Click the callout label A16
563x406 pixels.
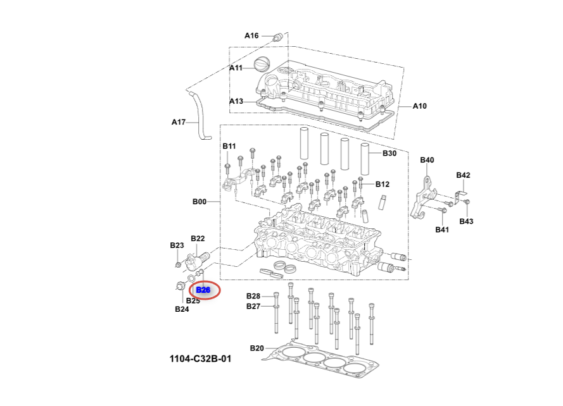coord(251,35)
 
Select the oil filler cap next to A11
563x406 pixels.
coord(262,65)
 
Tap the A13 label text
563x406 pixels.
coord(236,101)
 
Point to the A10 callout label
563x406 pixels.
coord(419,106)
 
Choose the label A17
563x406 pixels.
coord(179,122)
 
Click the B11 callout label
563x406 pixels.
coord(229,146)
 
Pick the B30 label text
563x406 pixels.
coord(389,153)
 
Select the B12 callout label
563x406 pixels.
coord(382,185)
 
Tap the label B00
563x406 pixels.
coord(199,202)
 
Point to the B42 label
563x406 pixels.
coord(463,175)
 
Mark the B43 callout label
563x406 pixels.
coord(466,221)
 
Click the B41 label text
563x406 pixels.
coord(441,230)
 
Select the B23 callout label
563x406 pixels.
coord(177,245)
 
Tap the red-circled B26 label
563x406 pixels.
coord(203,290)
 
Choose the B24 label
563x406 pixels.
coord(182,309)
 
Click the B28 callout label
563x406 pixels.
coord(253,296)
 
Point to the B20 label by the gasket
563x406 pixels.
coord(256,348)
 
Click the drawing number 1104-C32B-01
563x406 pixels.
coord(200,359)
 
